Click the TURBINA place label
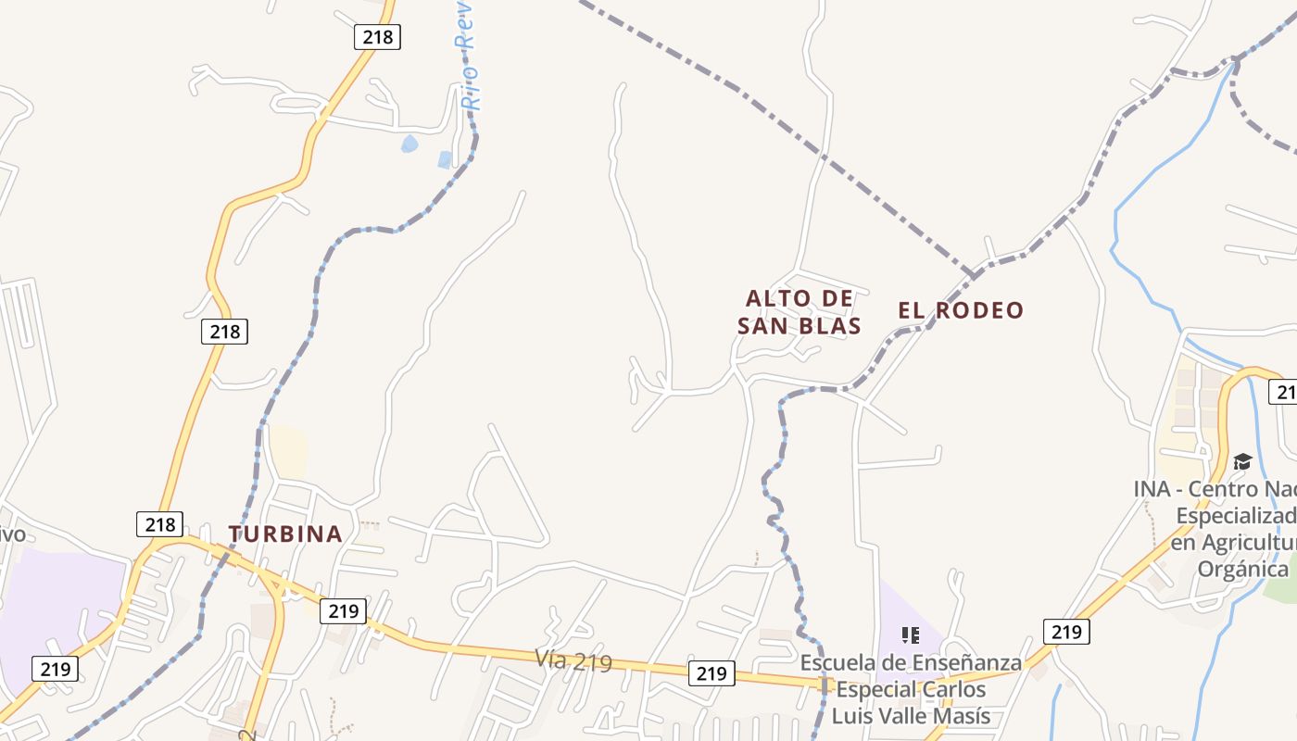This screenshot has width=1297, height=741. [285, 534]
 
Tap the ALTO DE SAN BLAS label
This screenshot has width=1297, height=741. [800, 312]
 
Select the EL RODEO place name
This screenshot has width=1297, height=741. [961, 310]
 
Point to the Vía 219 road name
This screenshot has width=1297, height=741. [573, 660]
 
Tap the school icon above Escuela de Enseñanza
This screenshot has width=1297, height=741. [911, 634]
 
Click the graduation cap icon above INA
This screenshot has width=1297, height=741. [1242, 461]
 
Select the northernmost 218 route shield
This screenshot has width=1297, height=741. [377, 37]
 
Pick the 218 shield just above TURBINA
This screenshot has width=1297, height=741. [159, 524]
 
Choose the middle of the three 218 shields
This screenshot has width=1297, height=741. [224, 331]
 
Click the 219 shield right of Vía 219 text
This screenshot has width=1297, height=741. [711, 673]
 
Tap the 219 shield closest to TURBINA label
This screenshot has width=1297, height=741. [343, 610]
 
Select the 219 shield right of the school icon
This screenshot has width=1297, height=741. [1066, 632]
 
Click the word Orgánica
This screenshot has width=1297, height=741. [1243, 569]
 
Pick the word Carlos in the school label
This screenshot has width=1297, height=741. [952, 689]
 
